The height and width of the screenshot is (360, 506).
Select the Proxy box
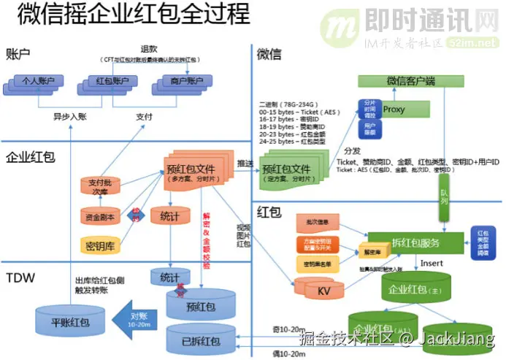click(394, 110)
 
